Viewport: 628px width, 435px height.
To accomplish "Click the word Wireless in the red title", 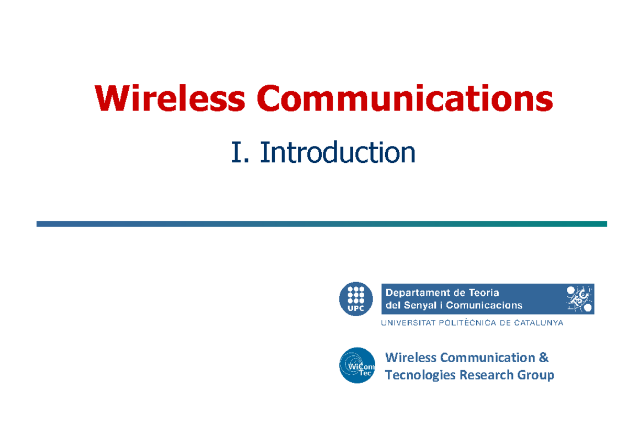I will [x=170, y=98].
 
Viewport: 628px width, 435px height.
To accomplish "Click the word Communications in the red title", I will [x=405, y=98].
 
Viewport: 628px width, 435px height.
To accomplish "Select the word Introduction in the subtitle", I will [x=338, y=152].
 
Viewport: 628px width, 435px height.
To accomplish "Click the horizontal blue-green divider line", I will [x=321, y=224].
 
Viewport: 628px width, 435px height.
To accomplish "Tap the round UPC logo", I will [x=356, y=299].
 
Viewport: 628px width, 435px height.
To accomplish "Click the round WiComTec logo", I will [x=357, y=365].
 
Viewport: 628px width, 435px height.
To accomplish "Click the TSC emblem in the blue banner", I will [x=579, y=299].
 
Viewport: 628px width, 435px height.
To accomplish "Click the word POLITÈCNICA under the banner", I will [x=467, y=323].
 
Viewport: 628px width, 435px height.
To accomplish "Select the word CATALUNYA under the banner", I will [x=539, y=323].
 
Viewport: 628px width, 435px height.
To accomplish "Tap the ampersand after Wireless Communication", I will [x=544, y=358].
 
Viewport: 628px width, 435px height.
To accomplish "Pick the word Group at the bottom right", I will [x=536, y=375].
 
